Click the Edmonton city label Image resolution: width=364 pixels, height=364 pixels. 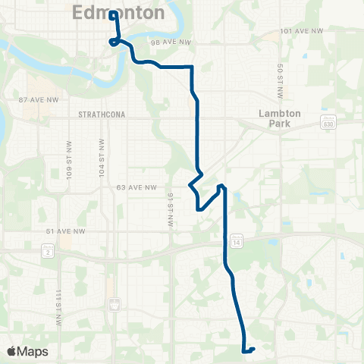point(119,13)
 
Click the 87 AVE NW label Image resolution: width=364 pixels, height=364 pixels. point(37,99)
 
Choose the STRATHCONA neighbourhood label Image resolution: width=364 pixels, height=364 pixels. point(101,114)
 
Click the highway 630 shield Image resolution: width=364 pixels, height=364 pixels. point(328,123)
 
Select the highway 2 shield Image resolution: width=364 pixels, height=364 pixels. point(49,251)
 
